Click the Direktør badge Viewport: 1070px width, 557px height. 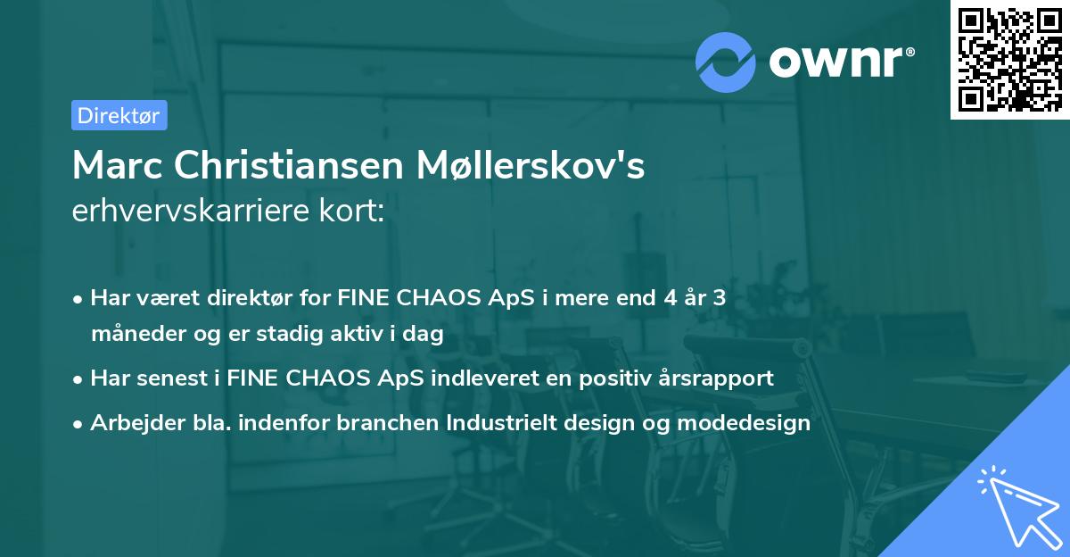119,115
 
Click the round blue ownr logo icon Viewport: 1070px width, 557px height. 726,62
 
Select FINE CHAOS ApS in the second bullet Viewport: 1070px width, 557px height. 327,378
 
